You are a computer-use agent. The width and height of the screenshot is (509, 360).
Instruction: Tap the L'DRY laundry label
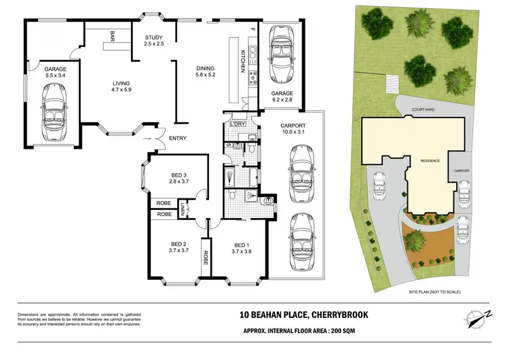click(x=237, y=124)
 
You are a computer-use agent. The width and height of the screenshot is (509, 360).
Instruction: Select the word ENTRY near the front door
click(x=178, y=139)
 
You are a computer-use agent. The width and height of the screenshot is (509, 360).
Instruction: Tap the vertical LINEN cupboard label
click(x=183, y=211)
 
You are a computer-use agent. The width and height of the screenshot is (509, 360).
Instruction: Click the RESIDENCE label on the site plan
click(x=430, y=161)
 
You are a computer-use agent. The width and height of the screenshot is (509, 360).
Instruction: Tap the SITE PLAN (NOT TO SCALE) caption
click(x=434, y=291)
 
